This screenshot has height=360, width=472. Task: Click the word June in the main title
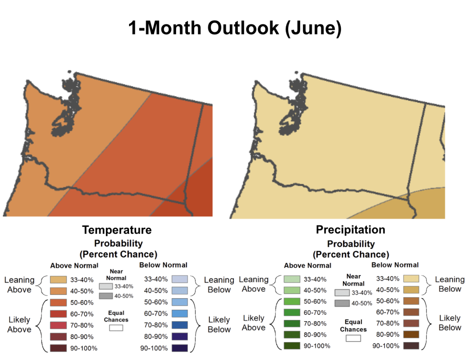pos(313,28)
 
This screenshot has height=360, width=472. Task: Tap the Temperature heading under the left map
pos(117,230)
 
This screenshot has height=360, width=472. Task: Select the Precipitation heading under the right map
pos(350,230)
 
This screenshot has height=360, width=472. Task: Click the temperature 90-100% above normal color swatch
pos(59,348)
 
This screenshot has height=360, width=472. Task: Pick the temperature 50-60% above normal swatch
pos(59,302)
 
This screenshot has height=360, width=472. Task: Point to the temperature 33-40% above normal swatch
pos(59,280)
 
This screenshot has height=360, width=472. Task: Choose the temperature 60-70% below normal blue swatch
pos(180,313)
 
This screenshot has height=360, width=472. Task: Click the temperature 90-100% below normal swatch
pos(180,348)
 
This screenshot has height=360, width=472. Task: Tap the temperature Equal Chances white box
pos(116,328)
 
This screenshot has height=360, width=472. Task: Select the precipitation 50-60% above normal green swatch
pos(292,301)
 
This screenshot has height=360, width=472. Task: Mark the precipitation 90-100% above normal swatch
pos(292,346)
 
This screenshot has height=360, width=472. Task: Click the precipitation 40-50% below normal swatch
pos(411,289)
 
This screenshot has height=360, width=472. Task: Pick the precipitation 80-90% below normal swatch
pos(411,334)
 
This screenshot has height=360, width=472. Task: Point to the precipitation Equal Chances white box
pos(353,338)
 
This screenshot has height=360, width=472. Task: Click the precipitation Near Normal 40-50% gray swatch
pos(342,303)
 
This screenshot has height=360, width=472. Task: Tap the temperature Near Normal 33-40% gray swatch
pos(106,286)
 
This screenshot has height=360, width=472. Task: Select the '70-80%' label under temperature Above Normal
pos(82,325)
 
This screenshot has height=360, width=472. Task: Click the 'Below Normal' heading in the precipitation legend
pos(395,265)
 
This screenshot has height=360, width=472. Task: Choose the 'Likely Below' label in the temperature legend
pos(219,325)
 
